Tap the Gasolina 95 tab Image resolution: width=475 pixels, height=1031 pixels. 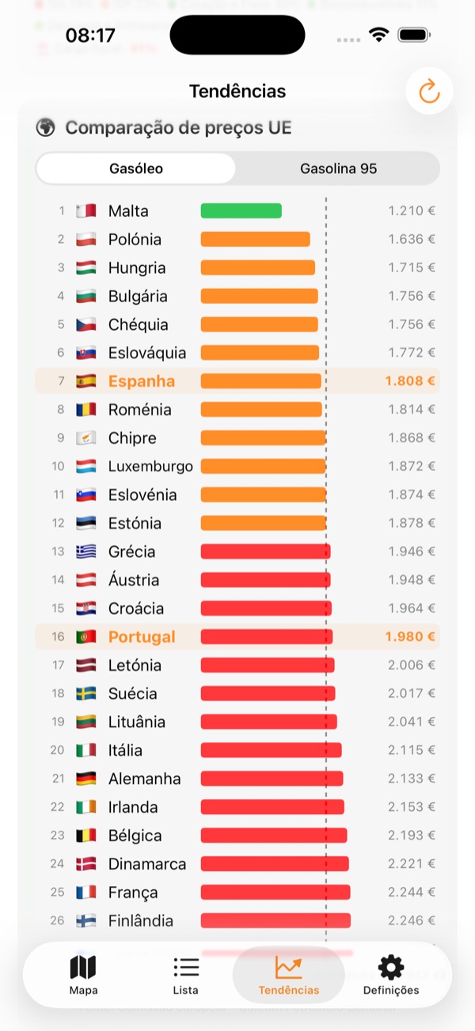point(338,169)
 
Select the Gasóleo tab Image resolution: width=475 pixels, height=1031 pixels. point(136,169)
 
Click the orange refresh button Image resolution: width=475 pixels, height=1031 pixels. point(429,92)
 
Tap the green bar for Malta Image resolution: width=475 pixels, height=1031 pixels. point(241,210)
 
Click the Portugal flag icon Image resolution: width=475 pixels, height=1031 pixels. point(85,636)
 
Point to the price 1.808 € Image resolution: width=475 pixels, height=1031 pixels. point(409,381)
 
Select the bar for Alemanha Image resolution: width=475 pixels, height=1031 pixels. point(272,779)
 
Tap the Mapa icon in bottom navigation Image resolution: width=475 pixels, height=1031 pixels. point(83,968)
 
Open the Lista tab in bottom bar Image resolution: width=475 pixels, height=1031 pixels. point(185,968)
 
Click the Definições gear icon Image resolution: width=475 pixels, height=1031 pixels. point(391,967)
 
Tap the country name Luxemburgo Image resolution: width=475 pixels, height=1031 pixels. point(150,466)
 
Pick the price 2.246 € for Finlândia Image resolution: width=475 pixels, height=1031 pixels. point(411,920)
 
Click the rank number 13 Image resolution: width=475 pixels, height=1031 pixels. point(58,552)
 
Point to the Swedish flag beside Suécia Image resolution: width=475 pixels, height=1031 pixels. point(85,693)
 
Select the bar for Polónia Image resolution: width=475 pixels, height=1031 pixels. point(255,239)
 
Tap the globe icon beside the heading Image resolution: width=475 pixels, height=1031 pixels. point(46,127)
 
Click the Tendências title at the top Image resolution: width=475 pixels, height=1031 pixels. point(237,91)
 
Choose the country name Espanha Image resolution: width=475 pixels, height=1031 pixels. point(142,381)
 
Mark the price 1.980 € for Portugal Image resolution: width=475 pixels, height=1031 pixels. point(409,636)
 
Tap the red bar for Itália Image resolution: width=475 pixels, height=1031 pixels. point(271,750)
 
